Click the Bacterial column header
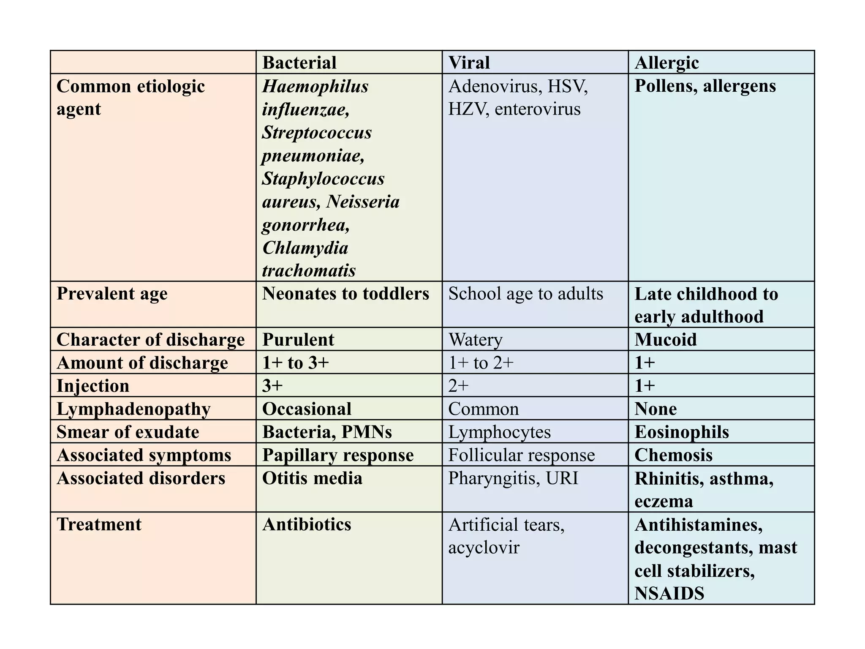point(299,63)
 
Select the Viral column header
point(469,63)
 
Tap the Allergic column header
point(666,63)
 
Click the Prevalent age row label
point(112,294)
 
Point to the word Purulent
point(298,340)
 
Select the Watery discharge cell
point(476,340)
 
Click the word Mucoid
point(666,340)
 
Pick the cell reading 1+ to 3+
point(295,363)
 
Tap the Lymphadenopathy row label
point(133,409)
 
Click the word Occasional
point(307,409)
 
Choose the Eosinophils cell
point(682,432)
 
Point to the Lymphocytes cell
point(499,432)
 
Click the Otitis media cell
point(312,478)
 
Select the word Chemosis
point(674,455)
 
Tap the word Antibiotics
point(307,524)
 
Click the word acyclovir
point(484,548)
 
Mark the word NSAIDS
point(669,594)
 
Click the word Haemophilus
point(315,86)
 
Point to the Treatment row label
point(99,524)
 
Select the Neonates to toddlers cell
point(345,294)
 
